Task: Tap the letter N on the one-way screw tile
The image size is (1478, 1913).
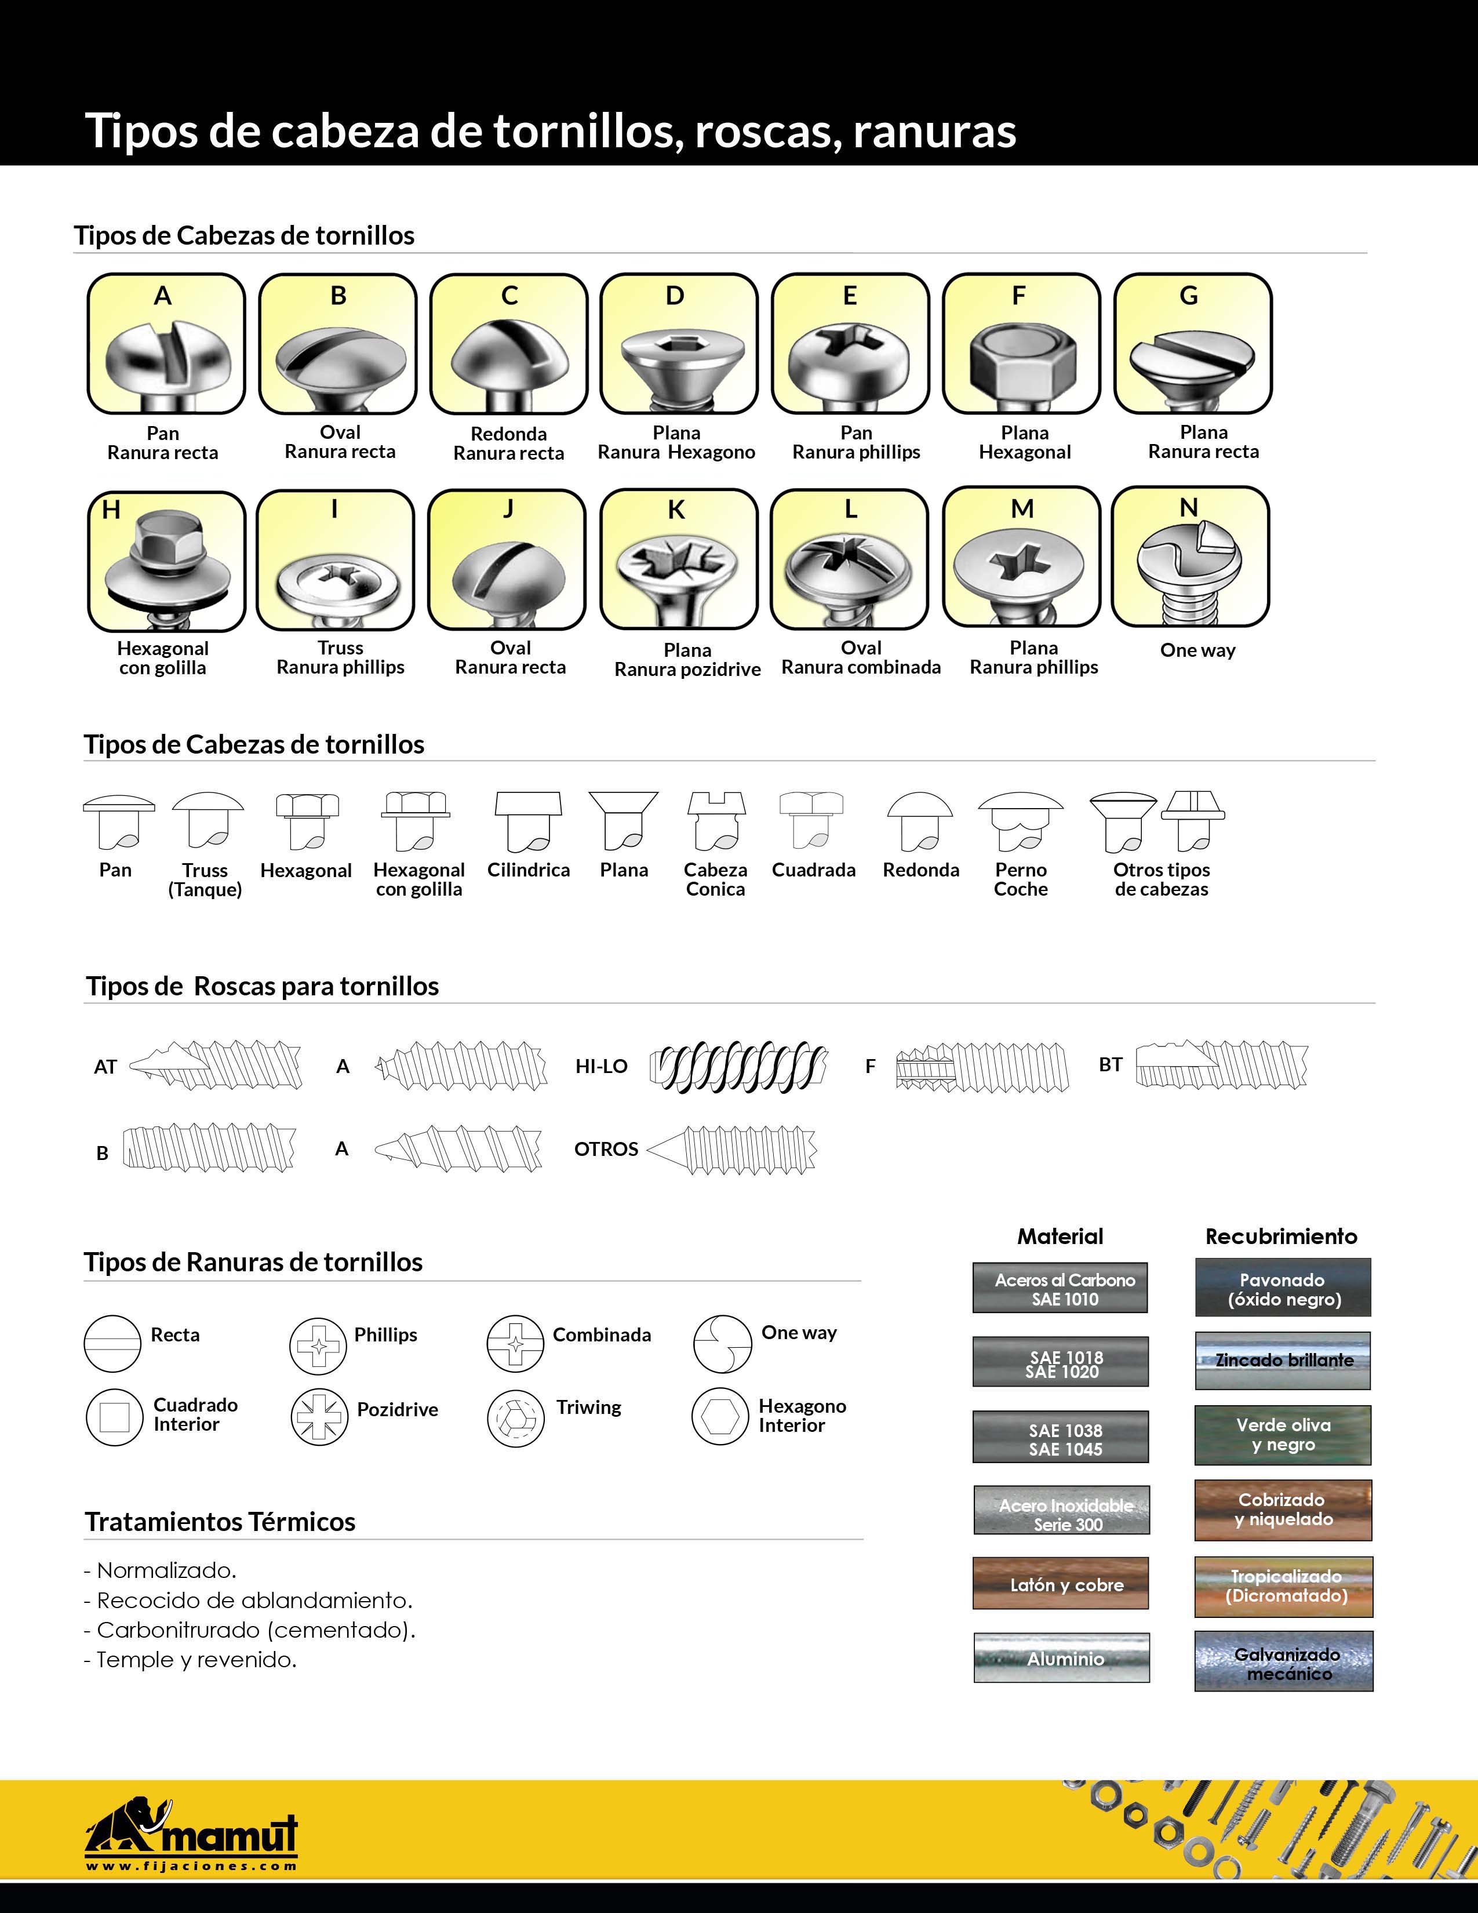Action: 1188,507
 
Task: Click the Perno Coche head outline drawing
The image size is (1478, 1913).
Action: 1020,821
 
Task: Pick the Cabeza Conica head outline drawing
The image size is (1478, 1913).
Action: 715,821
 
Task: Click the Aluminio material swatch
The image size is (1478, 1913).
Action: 1061,1658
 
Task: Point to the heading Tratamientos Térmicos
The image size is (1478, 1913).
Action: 220,1522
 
